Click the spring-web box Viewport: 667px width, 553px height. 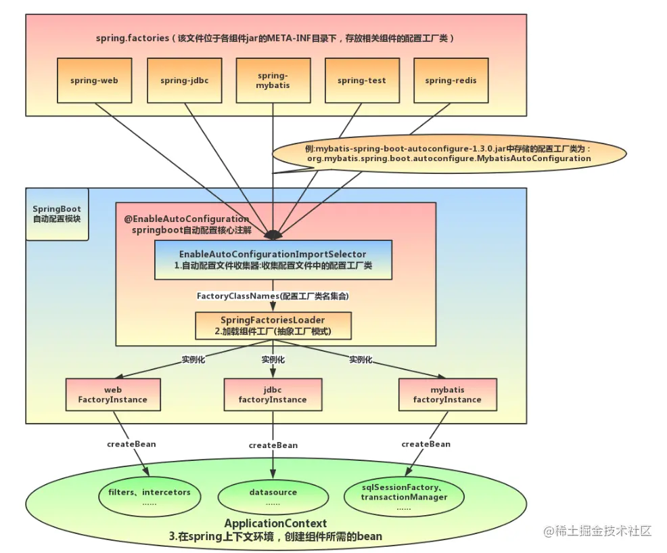click(94, 81)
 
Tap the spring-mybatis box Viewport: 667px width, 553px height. click(273, 81)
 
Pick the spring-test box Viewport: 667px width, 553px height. click(362, 81)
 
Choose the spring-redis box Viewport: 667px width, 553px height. click(451, 81)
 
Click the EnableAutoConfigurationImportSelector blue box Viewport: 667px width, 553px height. click(273, 260)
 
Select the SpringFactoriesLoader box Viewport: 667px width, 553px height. click(273, 326)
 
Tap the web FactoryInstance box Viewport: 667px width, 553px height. click(113, 395)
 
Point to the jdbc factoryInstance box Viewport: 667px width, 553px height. click(273, 395)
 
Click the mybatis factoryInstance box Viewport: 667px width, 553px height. click(447, 395)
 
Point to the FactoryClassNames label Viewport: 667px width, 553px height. click(273, 296)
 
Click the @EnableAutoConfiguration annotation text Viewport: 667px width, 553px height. click(187, 219)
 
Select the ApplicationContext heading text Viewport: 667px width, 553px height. click(275, 523)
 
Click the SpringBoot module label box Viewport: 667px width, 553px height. click(57, 214)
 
